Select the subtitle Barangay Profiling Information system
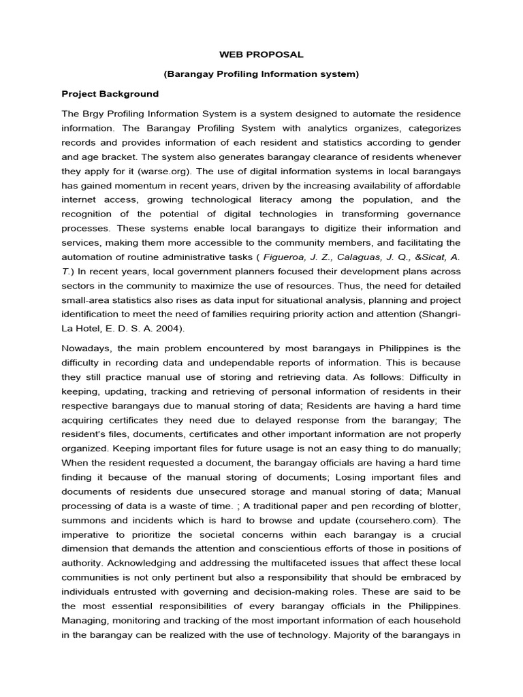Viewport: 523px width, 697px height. pyautogui.click(x=261, y=73)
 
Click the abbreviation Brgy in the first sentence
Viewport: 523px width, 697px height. pyautogui.click(x=93, y=113)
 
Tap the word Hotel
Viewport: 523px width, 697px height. pyautogui.click(x=93, y=328)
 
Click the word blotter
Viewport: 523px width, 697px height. pyautogui.click(x=444, y=506)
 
